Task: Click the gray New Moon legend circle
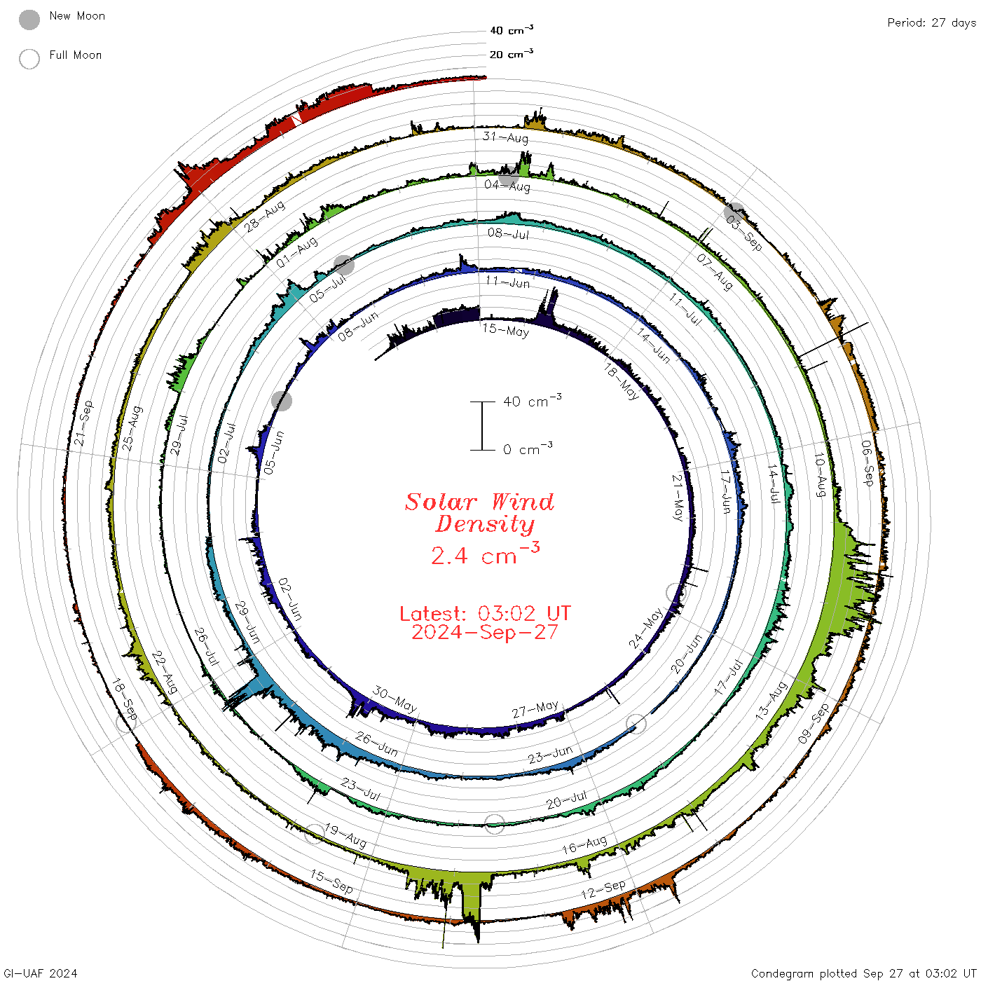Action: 29,20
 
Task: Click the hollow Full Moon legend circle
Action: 29,59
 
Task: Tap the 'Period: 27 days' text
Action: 931,23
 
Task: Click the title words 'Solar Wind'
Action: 479,502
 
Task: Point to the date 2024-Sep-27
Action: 485,632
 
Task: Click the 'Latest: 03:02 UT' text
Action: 485,613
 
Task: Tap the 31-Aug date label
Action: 505,137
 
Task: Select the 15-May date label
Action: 505,330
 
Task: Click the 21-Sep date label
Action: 83,423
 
